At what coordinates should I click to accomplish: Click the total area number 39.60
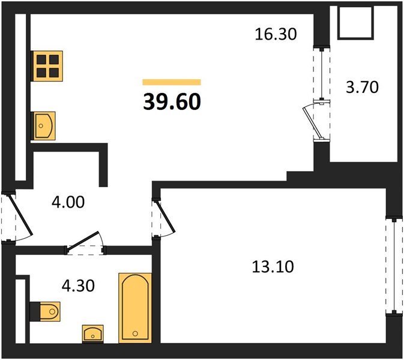coord(172,102)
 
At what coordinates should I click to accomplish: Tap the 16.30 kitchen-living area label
coord(276,34)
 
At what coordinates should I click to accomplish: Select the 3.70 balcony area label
coord(362,87)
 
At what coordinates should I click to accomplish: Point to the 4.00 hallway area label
coord(68,202)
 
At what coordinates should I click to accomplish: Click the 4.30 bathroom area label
coord(78,286)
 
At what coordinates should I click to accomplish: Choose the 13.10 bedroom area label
coord(273,266)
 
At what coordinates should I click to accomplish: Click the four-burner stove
coord(47,66)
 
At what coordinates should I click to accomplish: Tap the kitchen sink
coord(43,125)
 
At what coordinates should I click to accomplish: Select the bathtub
coord(135,308)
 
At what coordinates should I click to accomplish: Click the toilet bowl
coord(50,311)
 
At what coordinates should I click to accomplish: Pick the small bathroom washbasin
coord(93,334)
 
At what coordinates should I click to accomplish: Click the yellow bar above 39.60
coord(172,82)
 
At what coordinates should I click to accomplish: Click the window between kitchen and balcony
coord(322,74)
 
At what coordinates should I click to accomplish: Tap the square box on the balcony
coord(355,23)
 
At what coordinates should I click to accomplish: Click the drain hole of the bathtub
coord(135,334)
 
